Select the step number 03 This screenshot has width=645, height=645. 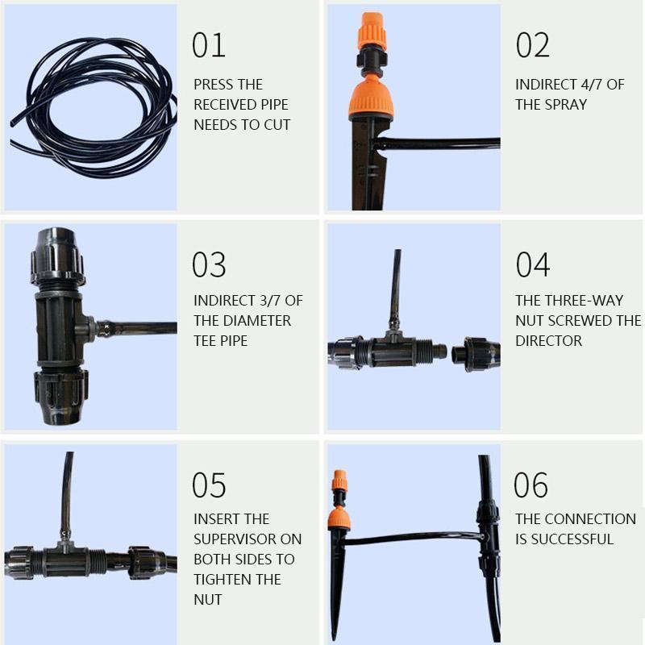click(209, 265)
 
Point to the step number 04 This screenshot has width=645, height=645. click(532, 265)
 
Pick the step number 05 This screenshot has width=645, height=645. click(209, 485)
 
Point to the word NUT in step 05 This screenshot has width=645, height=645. click(208, 599)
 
